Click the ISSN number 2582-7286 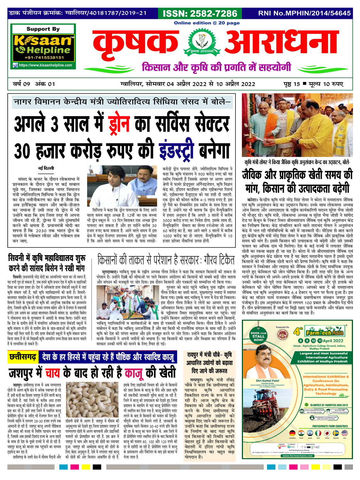click(200, 13)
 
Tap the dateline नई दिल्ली click(46, 168)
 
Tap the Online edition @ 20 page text click(207, 23)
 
